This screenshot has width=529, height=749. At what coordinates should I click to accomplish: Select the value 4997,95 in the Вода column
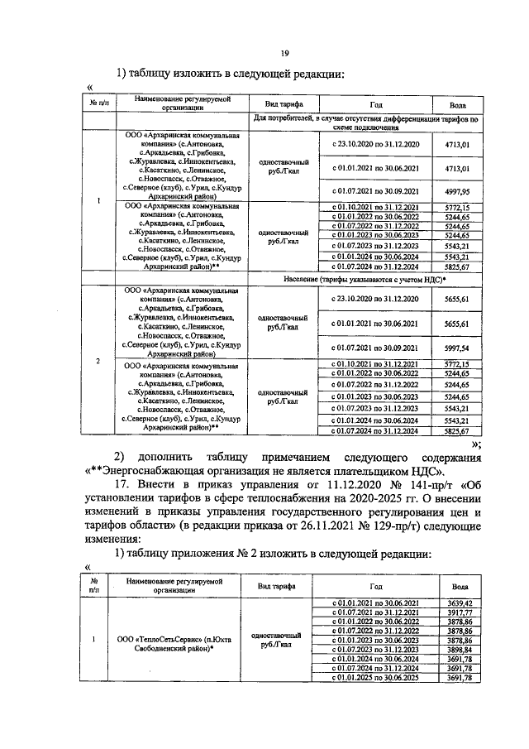click(457, 191)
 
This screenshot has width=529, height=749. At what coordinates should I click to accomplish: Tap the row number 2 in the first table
click(98, 361)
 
